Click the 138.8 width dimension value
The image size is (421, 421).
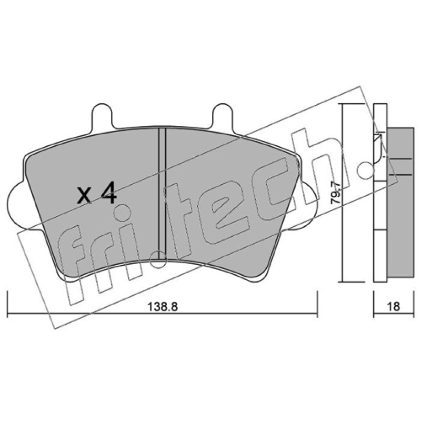pos(163,307)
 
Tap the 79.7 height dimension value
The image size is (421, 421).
pos(336,193)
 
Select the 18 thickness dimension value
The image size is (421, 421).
pos(394,306)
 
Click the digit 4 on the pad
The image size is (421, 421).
pos(108,193)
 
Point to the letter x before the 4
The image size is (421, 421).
pos(84,195)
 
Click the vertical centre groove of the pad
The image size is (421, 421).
pos(162,193)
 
